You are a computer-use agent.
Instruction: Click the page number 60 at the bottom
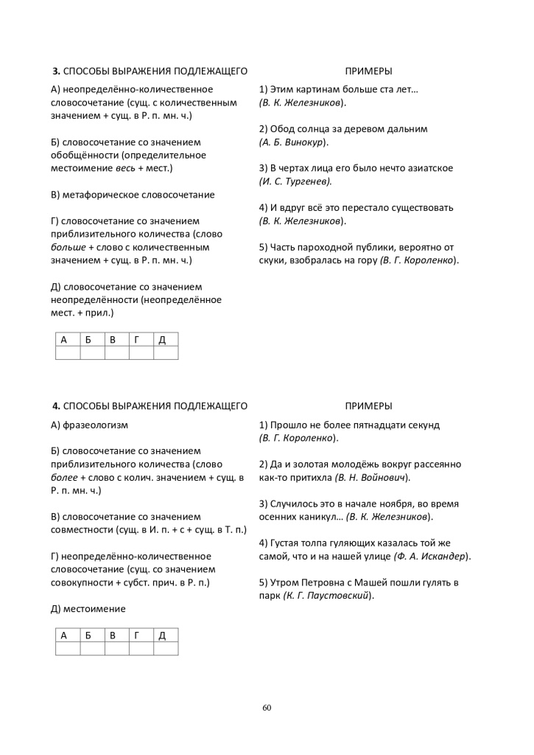coord(267,708)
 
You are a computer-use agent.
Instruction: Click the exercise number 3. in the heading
coord(56,71)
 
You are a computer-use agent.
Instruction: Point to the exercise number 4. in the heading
coord(56,406)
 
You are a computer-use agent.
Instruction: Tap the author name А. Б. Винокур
coord(294,141)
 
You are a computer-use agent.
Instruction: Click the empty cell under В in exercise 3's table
coord(116,352)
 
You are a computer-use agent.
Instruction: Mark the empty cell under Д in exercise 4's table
coord(166,648)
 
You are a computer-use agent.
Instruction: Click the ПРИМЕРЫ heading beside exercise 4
coord(368,406)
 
